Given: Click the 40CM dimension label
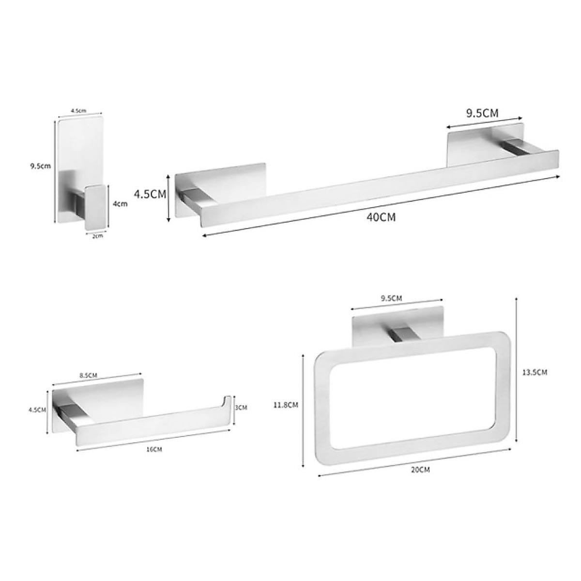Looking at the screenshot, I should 381,217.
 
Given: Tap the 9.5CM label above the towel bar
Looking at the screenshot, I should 482,113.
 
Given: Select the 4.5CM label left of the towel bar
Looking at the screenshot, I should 150,195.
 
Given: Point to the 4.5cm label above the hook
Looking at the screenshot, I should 78,111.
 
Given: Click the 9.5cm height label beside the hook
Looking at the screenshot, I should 40,166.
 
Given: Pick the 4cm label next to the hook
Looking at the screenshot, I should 120,204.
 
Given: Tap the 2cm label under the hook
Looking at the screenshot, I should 98,236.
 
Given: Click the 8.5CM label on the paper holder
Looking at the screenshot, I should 89,375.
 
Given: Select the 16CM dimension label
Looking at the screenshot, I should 154,449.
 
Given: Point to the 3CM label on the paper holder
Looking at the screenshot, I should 241,407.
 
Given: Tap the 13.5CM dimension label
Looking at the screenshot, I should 535,372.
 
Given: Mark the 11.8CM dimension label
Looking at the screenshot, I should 286,405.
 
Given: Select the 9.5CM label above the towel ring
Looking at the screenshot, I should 391,298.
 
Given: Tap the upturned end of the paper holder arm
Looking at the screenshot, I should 226,402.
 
